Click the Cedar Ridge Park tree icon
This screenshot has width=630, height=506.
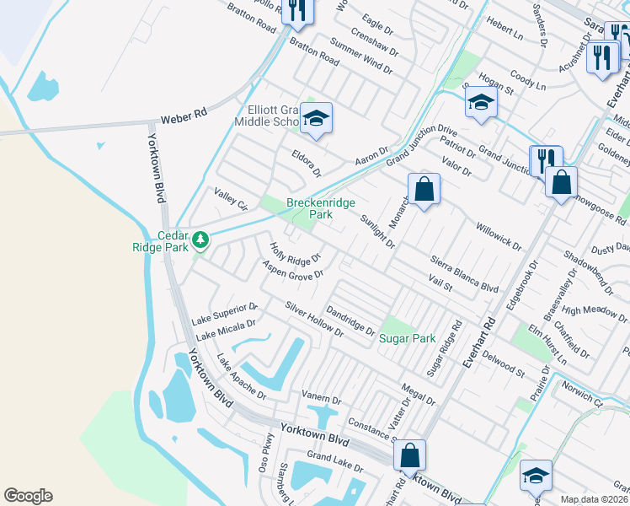[200, 240]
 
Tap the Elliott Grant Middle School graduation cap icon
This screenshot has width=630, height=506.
[317, 119]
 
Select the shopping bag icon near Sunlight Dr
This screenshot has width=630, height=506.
[424, 189]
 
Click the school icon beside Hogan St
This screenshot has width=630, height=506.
[481, 103]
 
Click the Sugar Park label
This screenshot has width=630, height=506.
[407, 338]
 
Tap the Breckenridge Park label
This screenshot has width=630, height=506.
[320, 208]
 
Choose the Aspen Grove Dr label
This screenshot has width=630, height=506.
[293, 270]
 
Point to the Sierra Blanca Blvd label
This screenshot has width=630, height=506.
[464, 274]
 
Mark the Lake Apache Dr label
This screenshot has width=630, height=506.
[241, 377]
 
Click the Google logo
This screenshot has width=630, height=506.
[28, 496]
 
